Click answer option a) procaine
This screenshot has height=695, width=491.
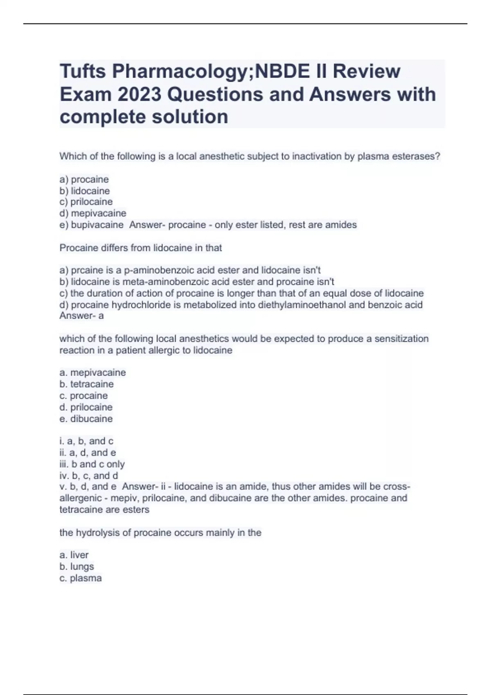(84, 179)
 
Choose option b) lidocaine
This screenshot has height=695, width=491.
(85, 191)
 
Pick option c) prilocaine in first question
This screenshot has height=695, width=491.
(86, 202)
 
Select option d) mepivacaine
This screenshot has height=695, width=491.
(93, 213)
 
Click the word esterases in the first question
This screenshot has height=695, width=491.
(418, 157)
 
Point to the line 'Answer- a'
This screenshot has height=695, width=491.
(81, 316)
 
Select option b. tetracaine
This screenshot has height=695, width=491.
(86, 384)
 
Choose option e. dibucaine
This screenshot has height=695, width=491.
(86, 419)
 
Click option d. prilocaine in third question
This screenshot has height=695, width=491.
(86, 407)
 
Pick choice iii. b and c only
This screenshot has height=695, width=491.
(92, 464)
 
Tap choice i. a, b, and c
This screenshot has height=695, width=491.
(86, 441)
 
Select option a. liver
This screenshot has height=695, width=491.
(74, 555)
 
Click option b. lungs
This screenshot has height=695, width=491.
(77, 567)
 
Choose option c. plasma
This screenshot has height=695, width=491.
(81, 578)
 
